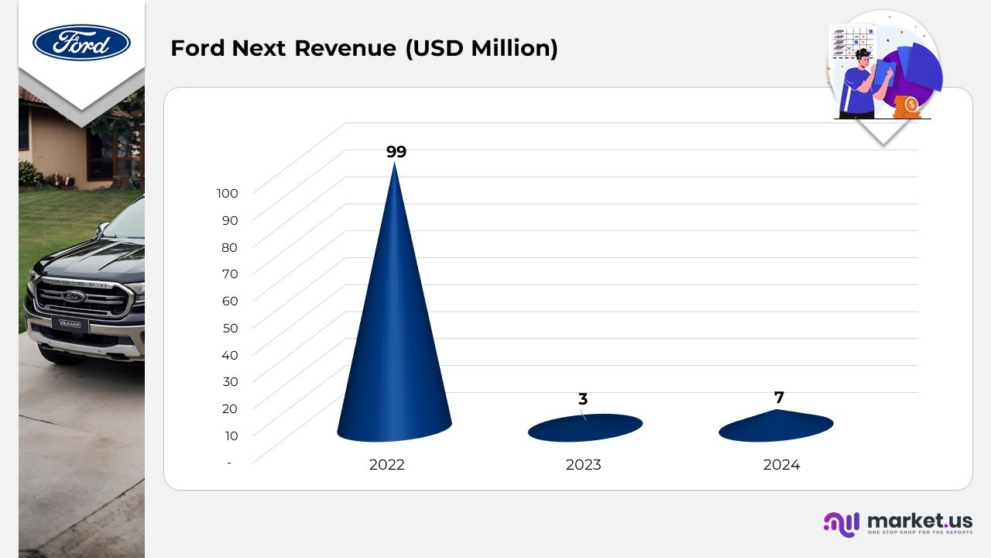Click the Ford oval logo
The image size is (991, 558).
81,42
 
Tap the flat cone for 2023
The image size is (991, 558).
585,428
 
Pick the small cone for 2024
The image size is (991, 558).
776,426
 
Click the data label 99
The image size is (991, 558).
396,152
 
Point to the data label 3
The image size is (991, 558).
583,399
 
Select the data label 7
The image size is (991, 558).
779,398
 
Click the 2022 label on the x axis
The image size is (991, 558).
387,465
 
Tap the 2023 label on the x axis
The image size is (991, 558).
584,465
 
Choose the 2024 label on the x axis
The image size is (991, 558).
781,465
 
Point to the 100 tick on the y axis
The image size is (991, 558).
228,193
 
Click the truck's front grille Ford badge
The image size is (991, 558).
74,296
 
